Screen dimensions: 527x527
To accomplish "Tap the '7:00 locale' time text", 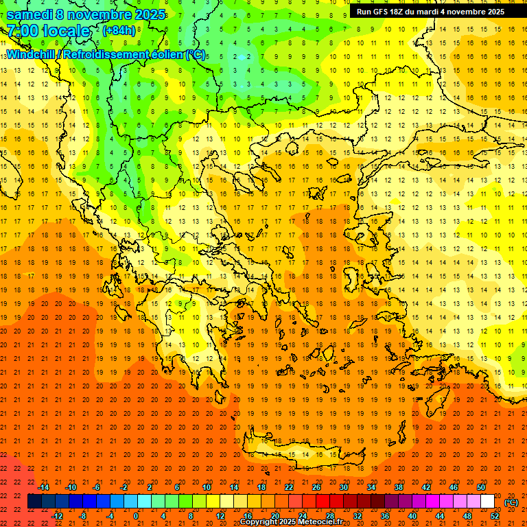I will pos(49,31).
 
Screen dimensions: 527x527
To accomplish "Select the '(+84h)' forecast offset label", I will pos(119,30).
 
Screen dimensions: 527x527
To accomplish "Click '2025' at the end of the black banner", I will pos(493,12).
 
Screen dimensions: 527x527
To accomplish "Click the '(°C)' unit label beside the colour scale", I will pos(511,502).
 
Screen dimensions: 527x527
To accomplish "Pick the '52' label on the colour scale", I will pos(495,516).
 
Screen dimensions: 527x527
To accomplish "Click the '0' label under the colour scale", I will pos(136,516).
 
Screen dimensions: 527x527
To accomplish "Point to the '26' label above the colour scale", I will pos(316,487).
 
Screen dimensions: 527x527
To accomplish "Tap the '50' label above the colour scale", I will pos(480,487).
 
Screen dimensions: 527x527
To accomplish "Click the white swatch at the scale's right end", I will pos(487,502).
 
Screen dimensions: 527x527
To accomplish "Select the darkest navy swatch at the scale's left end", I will pos(34,502).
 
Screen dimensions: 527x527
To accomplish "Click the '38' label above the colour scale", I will pos(399,487).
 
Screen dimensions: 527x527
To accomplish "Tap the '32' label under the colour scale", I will pos(358,516).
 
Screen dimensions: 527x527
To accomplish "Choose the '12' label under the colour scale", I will pos(220,516).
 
